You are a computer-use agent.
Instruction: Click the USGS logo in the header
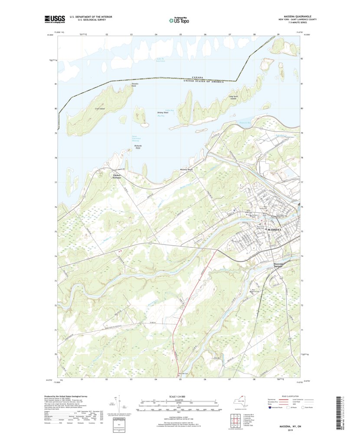[54, 19]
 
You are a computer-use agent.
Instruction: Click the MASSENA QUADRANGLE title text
[298, 17]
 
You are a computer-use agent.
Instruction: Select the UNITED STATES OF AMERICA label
[204, 81]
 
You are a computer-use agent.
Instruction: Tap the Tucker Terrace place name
[117, 176]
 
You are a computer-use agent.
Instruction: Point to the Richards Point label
[138, 147]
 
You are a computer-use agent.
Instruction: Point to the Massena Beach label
[186, 169]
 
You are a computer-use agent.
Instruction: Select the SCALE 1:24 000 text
[180, 396]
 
